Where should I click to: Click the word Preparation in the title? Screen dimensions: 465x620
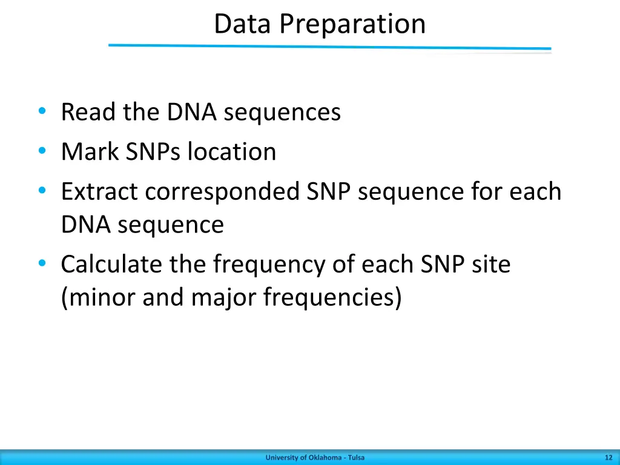tap(353, 24)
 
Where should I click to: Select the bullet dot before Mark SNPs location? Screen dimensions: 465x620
tap(42, 151)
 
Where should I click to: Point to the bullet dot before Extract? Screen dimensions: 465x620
tap(42, 191)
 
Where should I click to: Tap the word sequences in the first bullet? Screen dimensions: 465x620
tap(282, 113)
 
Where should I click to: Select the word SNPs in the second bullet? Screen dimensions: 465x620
tap(153, 152)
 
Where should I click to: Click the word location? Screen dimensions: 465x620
tap(232, 152)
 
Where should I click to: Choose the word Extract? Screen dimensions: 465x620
tap(99, 192)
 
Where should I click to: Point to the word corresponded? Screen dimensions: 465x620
tap(222, 192)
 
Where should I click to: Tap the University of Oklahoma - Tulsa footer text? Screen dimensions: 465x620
tap(315, 458)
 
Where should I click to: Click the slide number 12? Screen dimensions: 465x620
tap(608, 458)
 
